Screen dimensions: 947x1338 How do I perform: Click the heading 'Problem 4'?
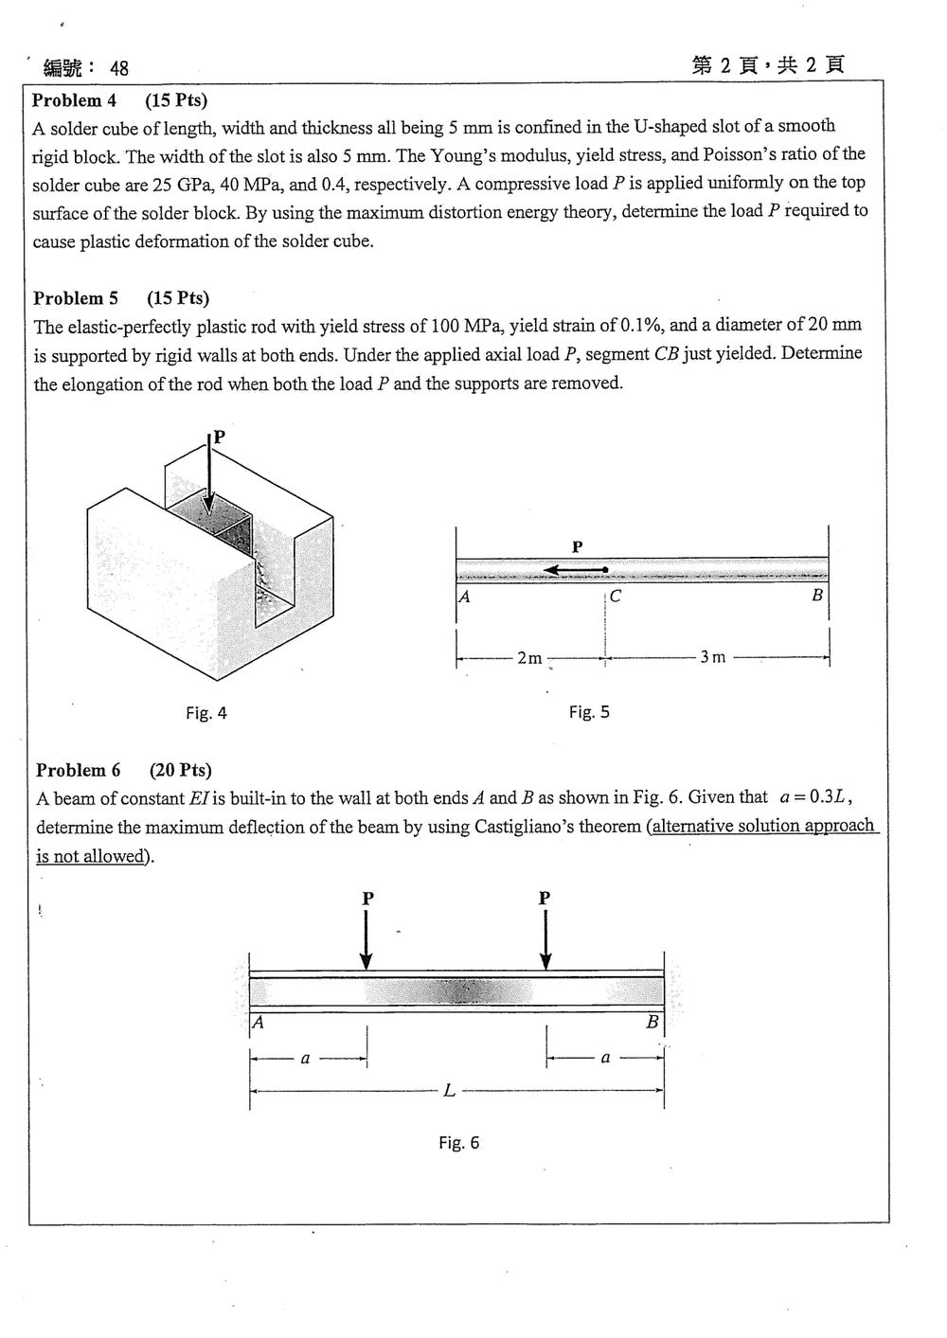point(74,99)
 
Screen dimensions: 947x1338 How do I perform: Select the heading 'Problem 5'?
point(75,297)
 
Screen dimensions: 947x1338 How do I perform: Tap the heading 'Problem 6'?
point(78,770)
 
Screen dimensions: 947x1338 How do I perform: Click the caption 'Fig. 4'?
point(206,713)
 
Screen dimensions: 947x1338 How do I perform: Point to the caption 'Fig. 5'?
point(589,712)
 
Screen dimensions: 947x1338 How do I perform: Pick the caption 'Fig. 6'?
point(459,1143)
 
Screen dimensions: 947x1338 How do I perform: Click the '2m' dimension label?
point(529,658)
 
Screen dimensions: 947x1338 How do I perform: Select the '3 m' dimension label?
point(713,657)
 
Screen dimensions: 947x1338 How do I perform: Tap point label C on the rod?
point(616,597)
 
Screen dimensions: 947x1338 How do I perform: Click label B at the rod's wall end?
point(817,595)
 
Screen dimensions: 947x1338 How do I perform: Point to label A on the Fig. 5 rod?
point(464,597)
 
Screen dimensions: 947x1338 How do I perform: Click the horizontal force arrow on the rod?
point(576,570)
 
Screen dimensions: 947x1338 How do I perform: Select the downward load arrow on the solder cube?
point(208,473)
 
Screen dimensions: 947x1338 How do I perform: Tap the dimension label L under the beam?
point(449,1091)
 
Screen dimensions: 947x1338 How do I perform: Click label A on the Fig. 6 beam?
point(258,1023)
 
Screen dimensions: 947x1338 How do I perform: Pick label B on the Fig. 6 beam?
point(652,1022)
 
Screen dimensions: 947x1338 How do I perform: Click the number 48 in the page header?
point(119,69)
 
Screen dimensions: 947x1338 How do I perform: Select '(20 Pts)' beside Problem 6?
point(181,770)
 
